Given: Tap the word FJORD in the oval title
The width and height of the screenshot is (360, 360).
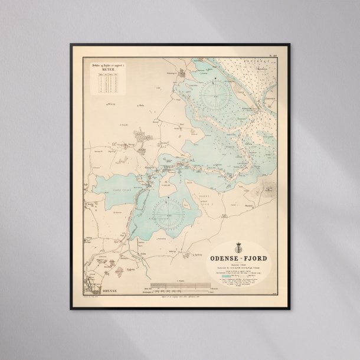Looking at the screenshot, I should [255, 257].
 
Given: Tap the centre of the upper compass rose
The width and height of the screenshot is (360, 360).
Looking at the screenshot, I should [215, 94].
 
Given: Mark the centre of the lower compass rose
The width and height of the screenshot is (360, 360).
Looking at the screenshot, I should [171, 211].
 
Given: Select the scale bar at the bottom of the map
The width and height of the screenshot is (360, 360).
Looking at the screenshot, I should [177, 287].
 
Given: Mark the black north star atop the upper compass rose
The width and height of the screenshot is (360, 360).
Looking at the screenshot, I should [215, 80].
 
